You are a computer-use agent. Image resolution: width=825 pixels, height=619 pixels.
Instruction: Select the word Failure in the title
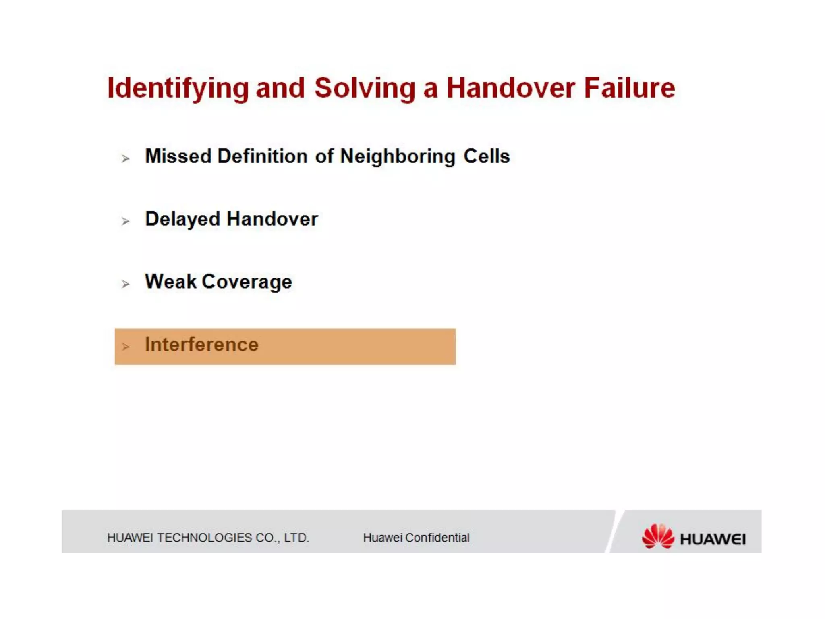(629, 88)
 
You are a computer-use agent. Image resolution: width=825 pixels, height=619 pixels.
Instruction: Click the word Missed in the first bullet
(178, 156)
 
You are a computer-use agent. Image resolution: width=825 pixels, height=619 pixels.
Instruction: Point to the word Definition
(262, 156)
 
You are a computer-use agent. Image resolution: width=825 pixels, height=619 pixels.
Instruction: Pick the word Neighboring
(398, 157)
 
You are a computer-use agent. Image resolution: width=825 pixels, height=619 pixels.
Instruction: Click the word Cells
(487, 156)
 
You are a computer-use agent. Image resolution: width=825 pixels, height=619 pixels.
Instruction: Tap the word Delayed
(182, 220)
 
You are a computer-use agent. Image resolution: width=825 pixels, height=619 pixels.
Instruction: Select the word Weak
(171, 281)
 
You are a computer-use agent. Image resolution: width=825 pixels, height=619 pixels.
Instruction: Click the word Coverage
(247, 282)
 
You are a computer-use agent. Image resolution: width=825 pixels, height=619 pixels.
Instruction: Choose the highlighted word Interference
(201, 345)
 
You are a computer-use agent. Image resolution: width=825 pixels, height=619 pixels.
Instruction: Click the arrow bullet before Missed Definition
(125, 158)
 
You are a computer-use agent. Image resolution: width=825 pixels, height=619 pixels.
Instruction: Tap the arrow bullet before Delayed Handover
(125, 221)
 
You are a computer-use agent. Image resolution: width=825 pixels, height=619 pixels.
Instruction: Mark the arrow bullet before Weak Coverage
(125, 284)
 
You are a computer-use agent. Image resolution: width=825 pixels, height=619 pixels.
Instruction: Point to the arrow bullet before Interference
(125, 347)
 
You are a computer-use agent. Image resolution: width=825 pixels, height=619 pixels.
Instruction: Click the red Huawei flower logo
(657, 536)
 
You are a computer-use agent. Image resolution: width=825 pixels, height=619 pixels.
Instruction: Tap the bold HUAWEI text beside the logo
(712, 539)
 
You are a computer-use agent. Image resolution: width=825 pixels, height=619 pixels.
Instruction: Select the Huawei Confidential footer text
(416, 538)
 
